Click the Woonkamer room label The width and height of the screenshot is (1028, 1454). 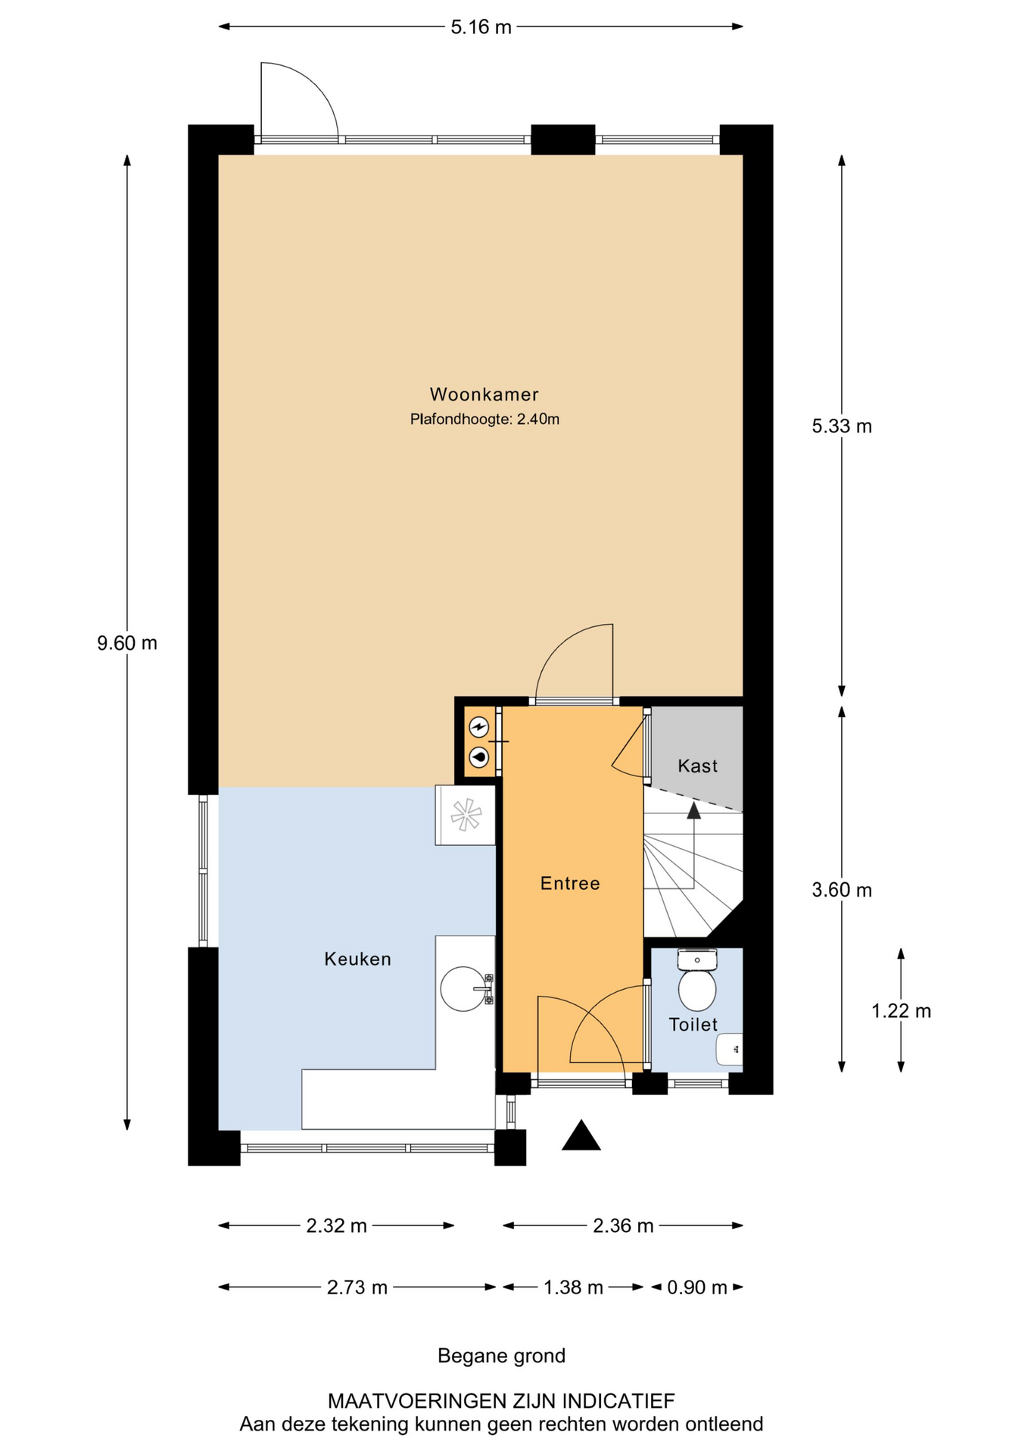pyautogui.click(x=484, y=394)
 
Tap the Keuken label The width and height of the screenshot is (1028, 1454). pyautogui.click(x=358, y=959)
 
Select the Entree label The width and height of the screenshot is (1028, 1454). pyautogui.click(x=570, y=883)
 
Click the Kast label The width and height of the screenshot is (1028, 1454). pyautogui.click(x=697, y=766)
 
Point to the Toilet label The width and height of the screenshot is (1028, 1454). pyautogui.click(x=693, y=1025)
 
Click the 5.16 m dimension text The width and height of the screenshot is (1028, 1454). pyautogui.click(x=481, y=27)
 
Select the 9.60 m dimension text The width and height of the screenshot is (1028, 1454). pyautogui.click(x=127, y=643)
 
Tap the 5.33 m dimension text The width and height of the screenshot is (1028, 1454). pyautogui.click(x=842, y=426)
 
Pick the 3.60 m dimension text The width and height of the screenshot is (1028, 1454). pyautogui.click(x=842, y=890)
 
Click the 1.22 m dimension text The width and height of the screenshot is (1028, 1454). pyautogui.click(x=901, y=1011)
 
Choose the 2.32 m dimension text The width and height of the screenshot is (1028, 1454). pyautogui.click(x=336, y=1225)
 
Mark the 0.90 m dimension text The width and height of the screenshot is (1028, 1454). pyautogui.click(x=697, y=1287)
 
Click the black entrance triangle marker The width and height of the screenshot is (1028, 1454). pyautogui.click(x=581, y=1135)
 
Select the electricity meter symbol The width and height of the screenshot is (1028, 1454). pyautogui.click(x=479, y=729)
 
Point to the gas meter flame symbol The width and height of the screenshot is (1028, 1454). pyautogui.click(x=479, y=757)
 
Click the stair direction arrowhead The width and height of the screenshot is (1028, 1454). pyautogui.click(x=693, y=810)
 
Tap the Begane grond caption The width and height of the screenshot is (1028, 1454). pyautogui.click(x=501, y=1356)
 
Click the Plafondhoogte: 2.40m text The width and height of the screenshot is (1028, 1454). pyautogui.click(x=484, y=419)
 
